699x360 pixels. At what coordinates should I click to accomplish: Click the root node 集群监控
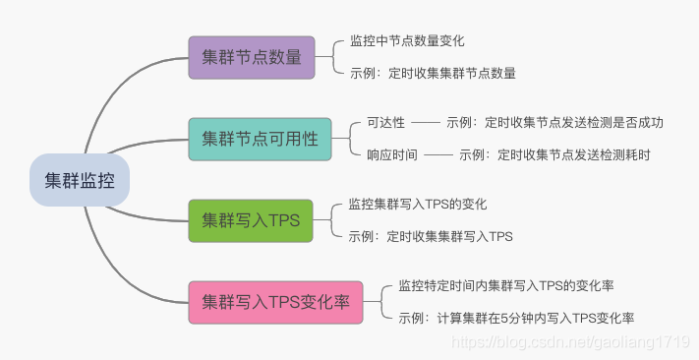pyautogui.click(x=80, y=180)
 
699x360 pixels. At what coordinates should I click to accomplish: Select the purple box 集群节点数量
pyautogui.click(x=252, y=58)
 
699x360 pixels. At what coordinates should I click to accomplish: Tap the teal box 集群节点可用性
pyautogui.click(x=260, y=140)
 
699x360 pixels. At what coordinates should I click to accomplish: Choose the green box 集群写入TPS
pyautogui.click(x=251, y=220)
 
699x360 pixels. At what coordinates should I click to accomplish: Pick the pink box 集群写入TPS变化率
pyautogui.click(x=275, y=302)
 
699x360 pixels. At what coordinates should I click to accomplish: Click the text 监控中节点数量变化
pyautogui.click(x=407, y=41)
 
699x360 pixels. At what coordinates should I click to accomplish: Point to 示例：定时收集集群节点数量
pyautogui.click(x=433, y=73)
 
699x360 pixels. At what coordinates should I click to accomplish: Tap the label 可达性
pyautogui.click(x=385, y=122)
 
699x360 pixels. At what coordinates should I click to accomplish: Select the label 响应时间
pyautogui.click(x=392, y=155)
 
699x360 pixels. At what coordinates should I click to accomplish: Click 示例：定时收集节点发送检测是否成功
pyautogui.click(x=554, y=122)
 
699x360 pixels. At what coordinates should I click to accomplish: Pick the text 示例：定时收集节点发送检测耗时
pyautogui.click(x=554, y=155)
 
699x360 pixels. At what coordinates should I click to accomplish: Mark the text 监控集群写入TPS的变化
pyautogui.click(x=418, y=205)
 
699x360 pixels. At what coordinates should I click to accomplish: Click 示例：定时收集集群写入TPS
pyautogui.click(x=431, y=236)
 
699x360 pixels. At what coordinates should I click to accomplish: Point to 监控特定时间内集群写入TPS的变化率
pyautogui.click(x=506, y=286)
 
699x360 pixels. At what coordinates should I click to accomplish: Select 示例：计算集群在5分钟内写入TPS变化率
pyautogui.click(x=516, y=318)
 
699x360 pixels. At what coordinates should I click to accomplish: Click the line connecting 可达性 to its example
pyautogui.click(x=426, y=123)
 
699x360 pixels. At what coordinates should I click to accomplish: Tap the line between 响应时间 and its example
pyautogui.click(x=438, y=155)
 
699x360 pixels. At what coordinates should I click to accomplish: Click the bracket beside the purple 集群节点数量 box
pyautogui.click(x=333, y=57)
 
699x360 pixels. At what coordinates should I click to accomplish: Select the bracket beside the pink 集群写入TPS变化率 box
pyautogui.click(x=381, y=302)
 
